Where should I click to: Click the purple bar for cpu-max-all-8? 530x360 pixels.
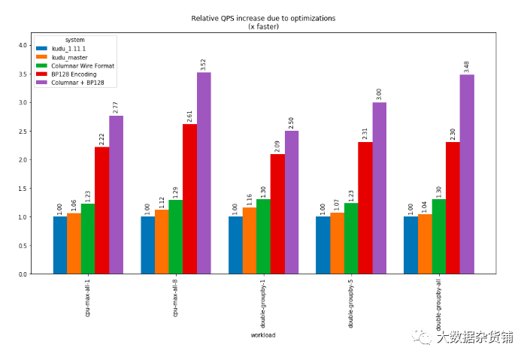coord(204,173)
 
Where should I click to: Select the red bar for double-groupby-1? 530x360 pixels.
coord(277,214)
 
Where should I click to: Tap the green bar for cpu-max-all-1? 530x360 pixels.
coord(88,239)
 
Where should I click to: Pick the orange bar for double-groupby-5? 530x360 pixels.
coord(337,244)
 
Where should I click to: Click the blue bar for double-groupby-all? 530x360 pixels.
coord(410,245)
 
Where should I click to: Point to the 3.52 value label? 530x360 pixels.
coord(203,64)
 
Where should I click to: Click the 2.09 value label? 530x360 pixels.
coord(277,146)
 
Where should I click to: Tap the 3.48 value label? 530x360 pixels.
coord(466,67)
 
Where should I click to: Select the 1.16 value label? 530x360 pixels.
coord(250,199)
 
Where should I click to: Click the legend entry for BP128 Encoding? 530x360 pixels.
coord(66,74)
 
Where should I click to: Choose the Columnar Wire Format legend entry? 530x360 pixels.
coord(75,65)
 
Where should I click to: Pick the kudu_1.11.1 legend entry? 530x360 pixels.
coord(61,49)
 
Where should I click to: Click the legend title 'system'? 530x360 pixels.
coord(74,40)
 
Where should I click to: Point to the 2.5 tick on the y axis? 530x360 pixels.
coord(23,132)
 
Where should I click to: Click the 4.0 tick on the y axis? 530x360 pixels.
coord(23,45)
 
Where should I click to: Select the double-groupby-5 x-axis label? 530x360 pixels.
coord(350,304)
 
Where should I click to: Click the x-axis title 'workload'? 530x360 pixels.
coord(263,335)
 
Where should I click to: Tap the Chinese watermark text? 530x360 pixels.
coord(475,337)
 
